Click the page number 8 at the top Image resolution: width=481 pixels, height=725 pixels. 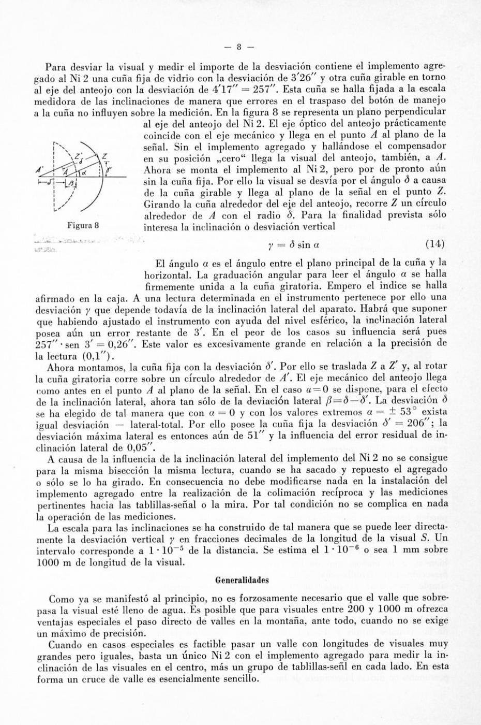239,47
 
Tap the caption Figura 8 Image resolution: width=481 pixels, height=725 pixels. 82,225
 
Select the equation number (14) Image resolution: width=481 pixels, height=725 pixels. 434,244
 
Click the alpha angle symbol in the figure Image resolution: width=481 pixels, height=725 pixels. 83,171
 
